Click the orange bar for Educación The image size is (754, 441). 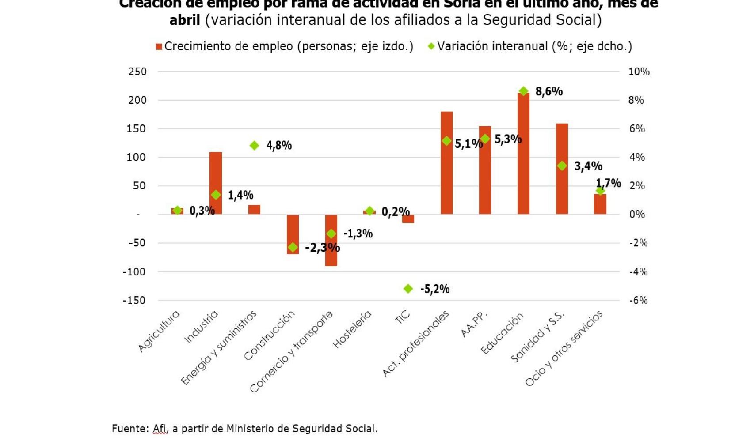click(x=523, y=155)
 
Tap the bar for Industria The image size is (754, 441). click(x=216, y=177)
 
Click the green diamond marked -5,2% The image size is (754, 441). click(x=408, y=289)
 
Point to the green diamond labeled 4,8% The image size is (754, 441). click(x=254, y=146)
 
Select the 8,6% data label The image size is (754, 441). click(x=549, y=91)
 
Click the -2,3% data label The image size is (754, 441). click(x=322, y=248)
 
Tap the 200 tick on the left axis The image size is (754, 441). click(x=137, y=100)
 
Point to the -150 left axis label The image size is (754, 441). click(x=134, y=300)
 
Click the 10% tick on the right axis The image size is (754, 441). click(x=639, y=72)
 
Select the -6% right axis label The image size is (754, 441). click(x=638, y=300)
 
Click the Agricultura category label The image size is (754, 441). click(x=159, y=331)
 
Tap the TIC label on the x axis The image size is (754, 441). click(x=402, y=317)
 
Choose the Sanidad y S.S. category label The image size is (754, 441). click(x=537, y=336)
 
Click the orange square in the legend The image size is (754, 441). click(x=159, y=47)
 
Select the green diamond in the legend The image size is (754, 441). click(x=431, y=46)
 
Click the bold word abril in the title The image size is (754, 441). click(x=185, y=20)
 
